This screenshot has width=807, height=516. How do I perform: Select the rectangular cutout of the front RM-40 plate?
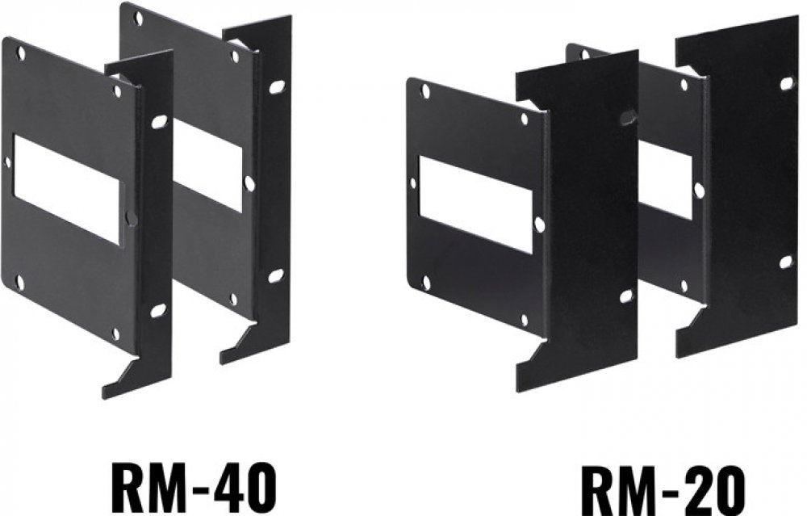coord(68,189)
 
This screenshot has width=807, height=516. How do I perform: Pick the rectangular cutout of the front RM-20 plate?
coord(475,204)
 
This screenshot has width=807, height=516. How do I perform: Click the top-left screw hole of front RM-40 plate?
coord(20,52)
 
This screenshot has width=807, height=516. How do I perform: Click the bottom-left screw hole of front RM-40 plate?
coord(21,281)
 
